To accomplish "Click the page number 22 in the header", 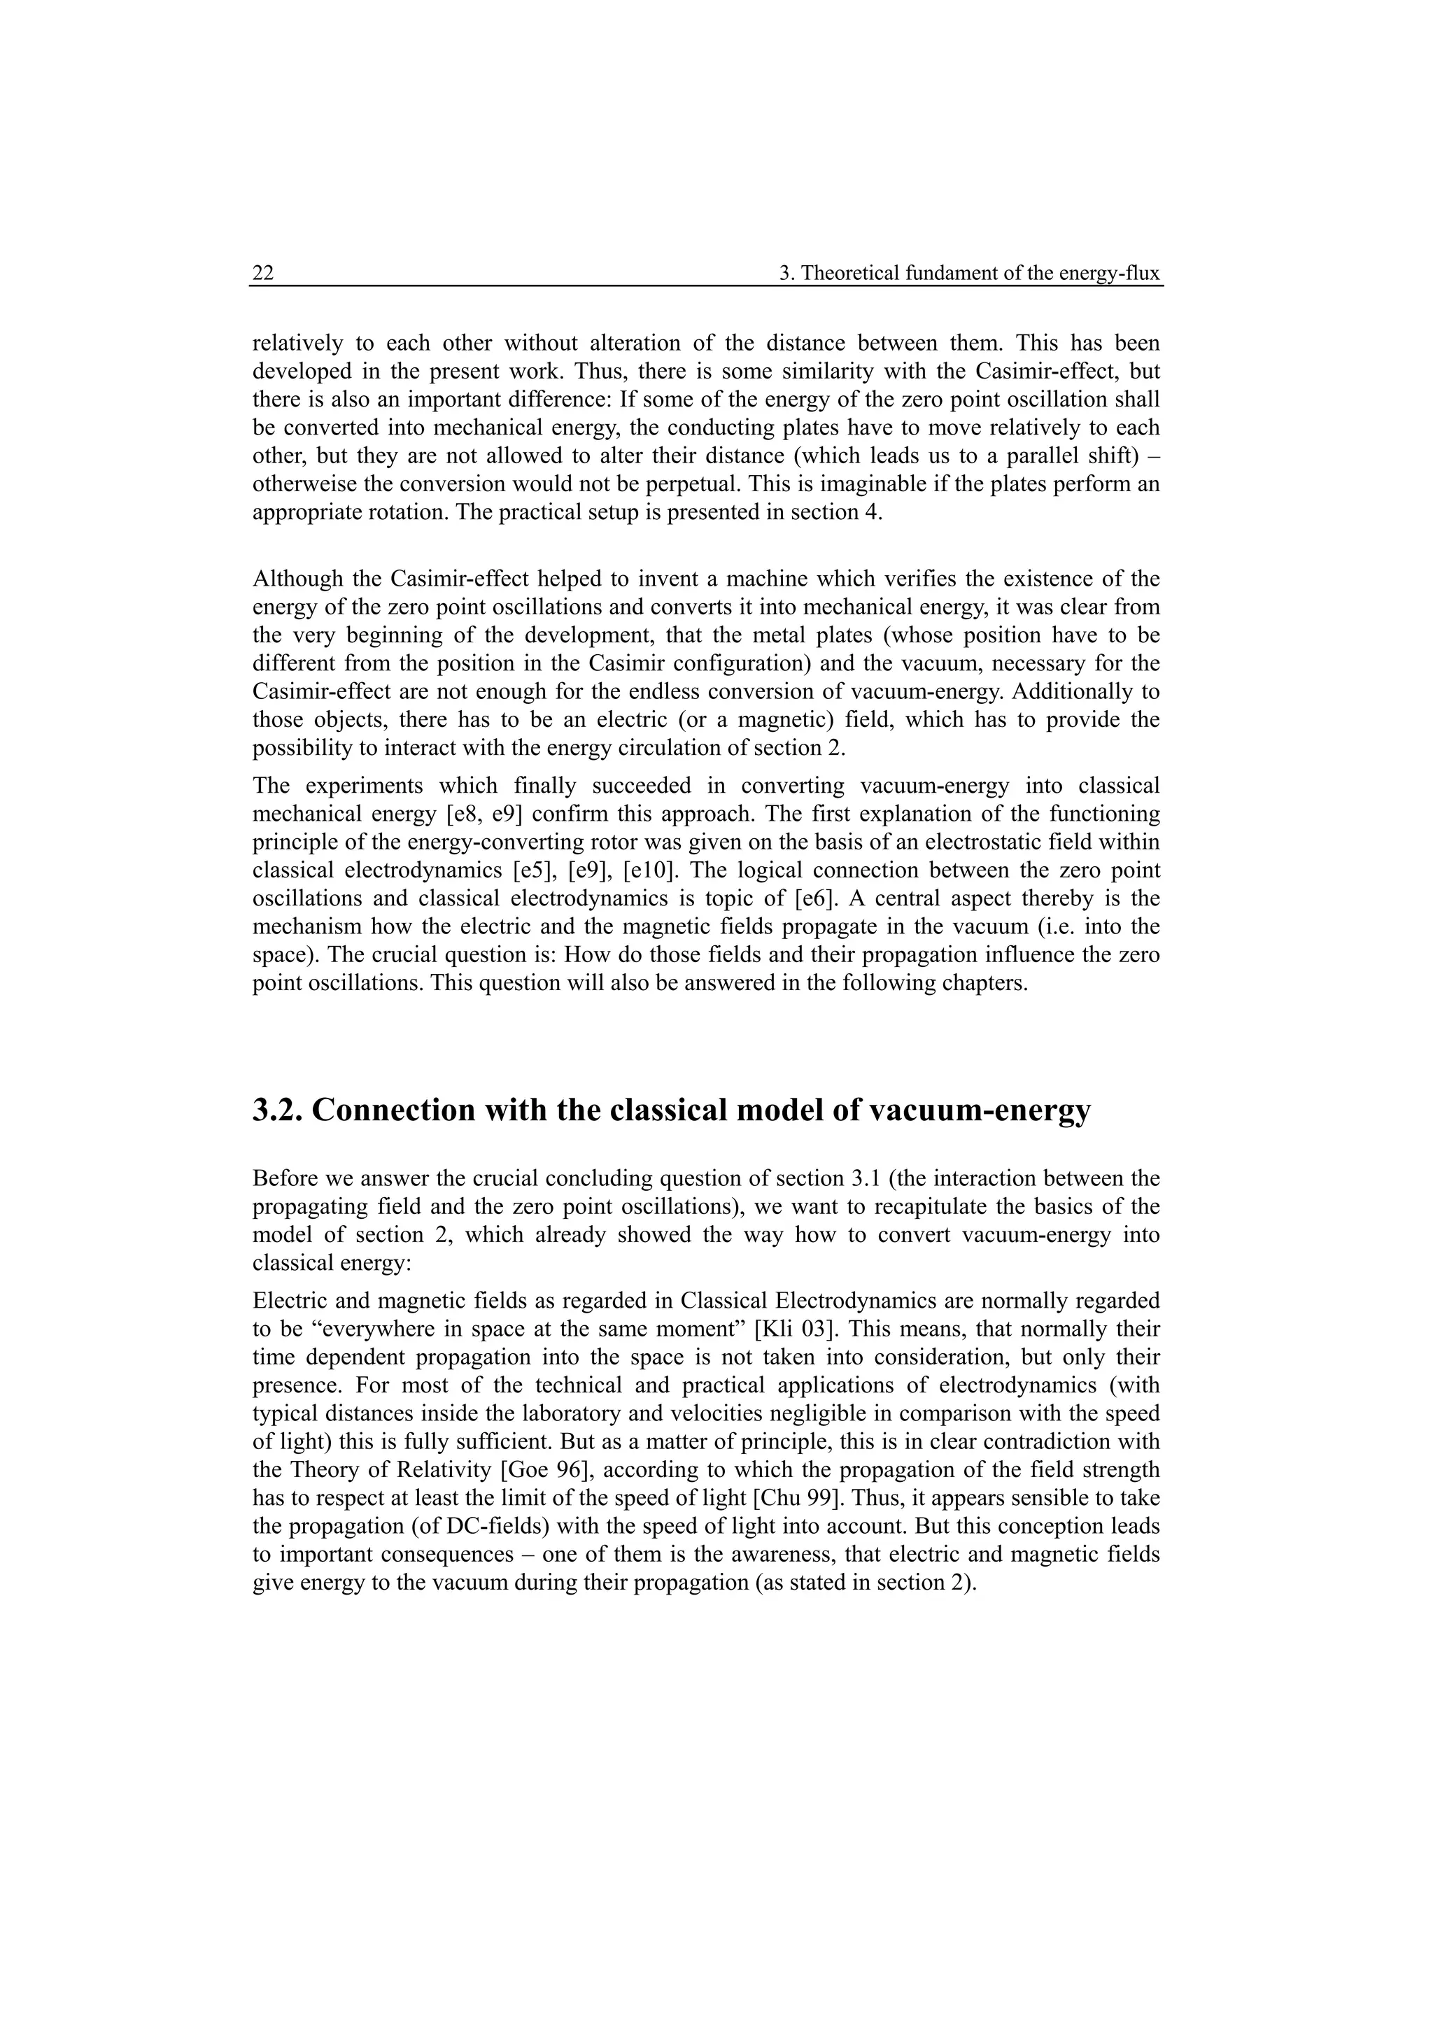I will coord(263,274).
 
